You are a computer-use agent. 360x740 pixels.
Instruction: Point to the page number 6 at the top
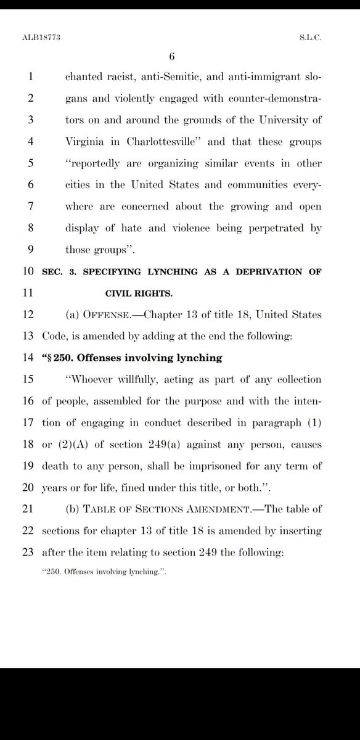click(173, 57)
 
